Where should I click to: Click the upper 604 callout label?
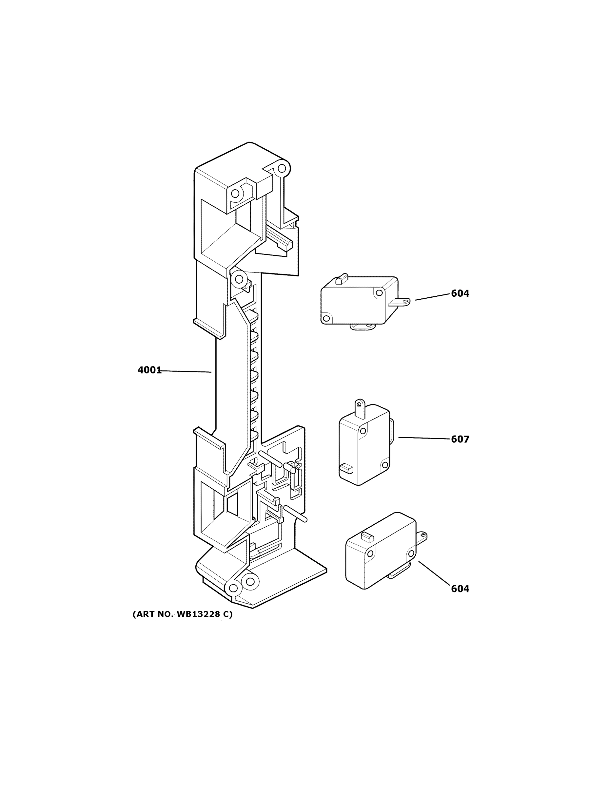click(460, 294)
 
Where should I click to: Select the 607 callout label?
click(460, 440)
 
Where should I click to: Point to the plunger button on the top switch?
click(342, 279)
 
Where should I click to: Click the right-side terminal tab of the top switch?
click(400, 302)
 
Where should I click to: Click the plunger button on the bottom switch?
click(367, 537)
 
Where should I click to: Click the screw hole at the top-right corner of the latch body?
click(282, 168)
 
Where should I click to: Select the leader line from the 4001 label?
click(186, 371)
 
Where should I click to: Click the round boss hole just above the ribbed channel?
click(238, 279)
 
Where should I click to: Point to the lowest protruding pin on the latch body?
click(295, 513)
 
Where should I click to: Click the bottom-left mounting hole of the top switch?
click(326, 318)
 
